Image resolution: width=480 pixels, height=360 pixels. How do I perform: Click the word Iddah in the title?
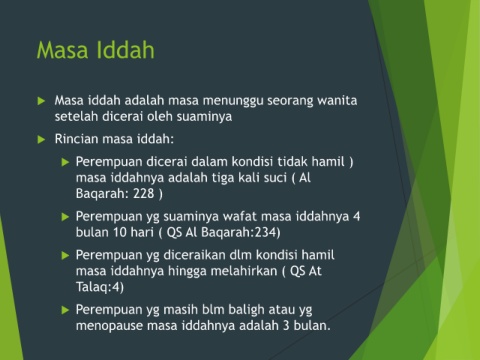click(126, 50)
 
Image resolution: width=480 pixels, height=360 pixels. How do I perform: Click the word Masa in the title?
click(62, 50)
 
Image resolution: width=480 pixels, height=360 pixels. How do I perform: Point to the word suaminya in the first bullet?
click(204, 117)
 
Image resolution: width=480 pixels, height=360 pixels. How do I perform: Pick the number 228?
click(144, 193)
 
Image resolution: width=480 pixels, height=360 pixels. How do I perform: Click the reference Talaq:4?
click(98, 287)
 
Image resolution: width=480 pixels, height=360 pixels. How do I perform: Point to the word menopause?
click(109, 326)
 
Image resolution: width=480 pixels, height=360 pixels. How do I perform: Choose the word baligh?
click(246, 310)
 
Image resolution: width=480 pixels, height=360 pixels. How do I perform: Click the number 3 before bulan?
click(286, 325)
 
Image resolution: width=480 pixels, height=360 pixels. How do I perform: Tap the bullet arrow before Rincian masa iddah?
click(41, 139)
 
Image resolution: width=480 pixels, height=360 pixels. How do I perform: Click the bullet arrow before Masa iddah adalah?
click(41, 101)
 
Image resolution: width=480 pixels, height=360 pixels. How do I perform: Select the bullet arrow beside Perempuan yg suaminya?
click(65, 217)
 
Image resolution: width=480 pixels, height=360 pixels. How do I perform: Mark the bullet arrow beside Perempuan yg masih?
click(65, 310)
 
